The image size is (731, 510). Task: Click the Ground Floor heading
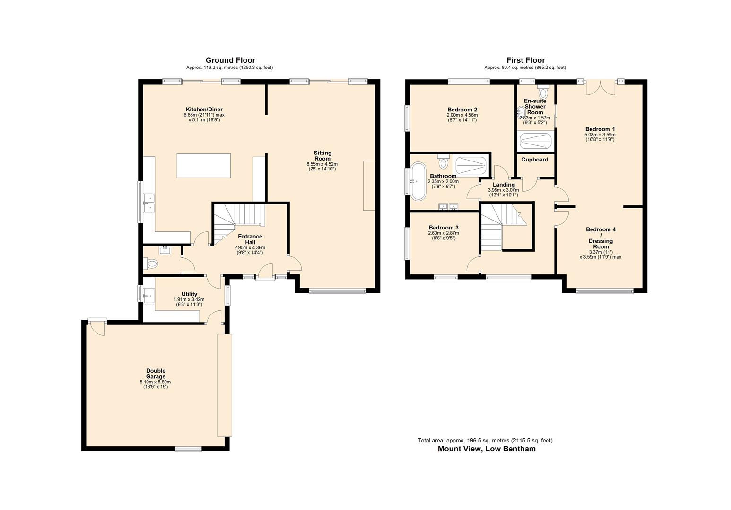(230, 60)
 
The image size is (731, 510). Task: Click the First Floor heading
(525, 60)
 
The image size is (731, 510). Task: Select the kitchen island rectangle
(203, 165)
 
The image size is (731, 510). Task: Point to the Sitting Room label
(322, 156)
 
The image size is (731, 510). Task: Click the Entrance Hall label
(250, 239)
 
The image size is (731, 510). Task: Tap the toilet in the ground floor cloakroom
(152, 264)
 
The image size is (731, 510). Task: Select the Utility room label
(189, 294)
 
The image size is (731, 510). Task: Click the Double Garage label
(156, 374)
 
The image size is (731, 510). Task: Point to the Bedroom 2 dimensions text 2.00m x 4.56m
(462, 115)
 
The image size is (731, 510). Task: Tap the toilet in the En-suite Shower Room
(543, 92)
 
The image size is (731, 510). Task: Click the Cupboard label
(535, 160)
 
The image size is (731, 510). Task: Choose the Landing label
(504, 185)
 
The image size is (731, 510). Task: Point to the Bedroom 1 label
(600, 129)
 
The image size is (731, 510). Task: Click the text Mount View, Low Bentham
(487, 449)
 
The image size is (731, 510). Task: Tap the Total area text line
(485, 441)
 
